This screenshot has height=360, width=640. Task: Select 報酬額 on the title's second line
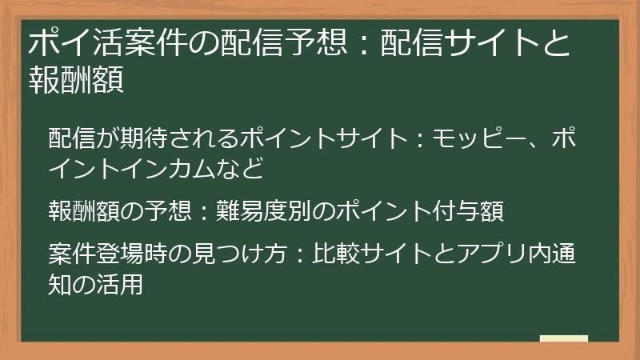(x=75, y=80)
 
